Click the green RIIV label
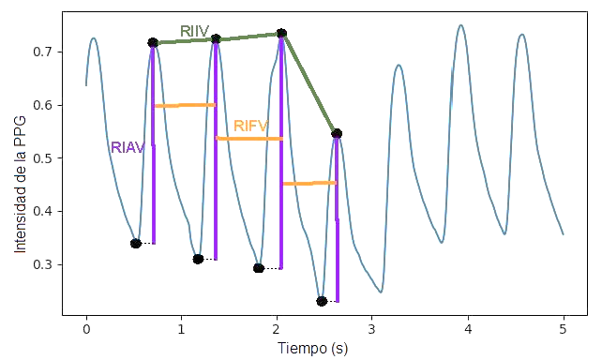194,30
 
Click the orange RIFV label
250,126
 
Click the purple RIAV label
128,147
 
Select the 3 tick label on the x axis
372,329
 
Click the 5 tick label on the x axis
563,329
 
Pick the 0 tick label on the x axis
86,329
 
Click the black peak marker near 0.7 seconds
153,42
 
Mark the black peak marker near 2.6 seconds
337,134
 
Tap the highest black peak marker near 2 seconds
281,34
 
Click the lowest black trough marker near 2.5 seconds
322,301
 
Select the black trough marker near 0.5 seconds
136,243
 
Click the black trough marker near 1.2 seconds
198,259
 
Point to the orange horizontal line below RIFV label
248,139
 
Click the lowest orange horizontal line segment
309,183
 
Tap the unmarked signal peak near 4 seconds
460,25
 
